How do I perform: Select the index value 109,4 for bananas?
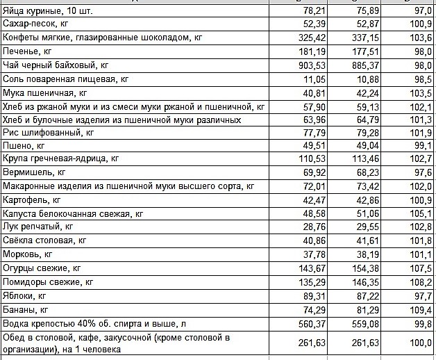point(419,309)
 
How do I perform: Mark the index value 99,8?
point(420,323)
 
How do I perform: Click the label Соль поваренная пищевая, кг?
point(66,79)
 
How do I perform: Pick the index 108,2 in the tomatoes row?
point(419,282)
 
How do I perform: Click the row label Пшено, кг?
point(24,147)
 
